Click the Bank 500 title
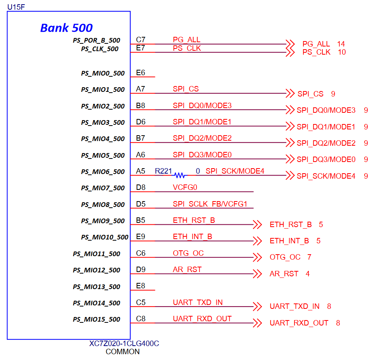[x=66, y=28]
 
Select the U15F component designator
[x=16, y=6]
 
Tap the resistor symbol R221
[x=179, y=175]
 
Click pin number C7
[x=141, y=40]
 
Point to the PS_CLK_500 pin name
[x=100, y=49]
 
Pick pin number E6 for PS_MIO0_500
[x=141, y=72]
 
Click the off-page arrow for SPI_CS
[x=290, y=93]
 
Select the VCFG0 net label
[x=185, y=188]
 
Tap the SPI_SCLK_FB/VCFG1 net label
[x=210, y=204]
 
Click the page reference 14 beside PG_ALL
[x=341, y=44]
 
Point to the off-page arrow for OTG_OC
[x=257, y=257]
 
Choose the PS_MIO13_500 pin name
[x=96, y=287]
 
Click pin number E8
[x=141, y=286]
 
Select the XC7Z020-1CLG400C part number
[x=124, y=344]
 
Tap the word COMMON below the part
[x=122, y=352]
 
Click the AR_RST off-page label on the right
[x=284, y=274]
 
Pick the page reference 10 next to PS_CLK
[x=342, y=52]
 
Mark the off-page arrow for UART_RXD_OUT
[x=257, y=322]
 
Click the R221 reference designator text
[x=164, y=171]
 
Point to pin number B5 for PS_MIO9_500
[x=141, y=220]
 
